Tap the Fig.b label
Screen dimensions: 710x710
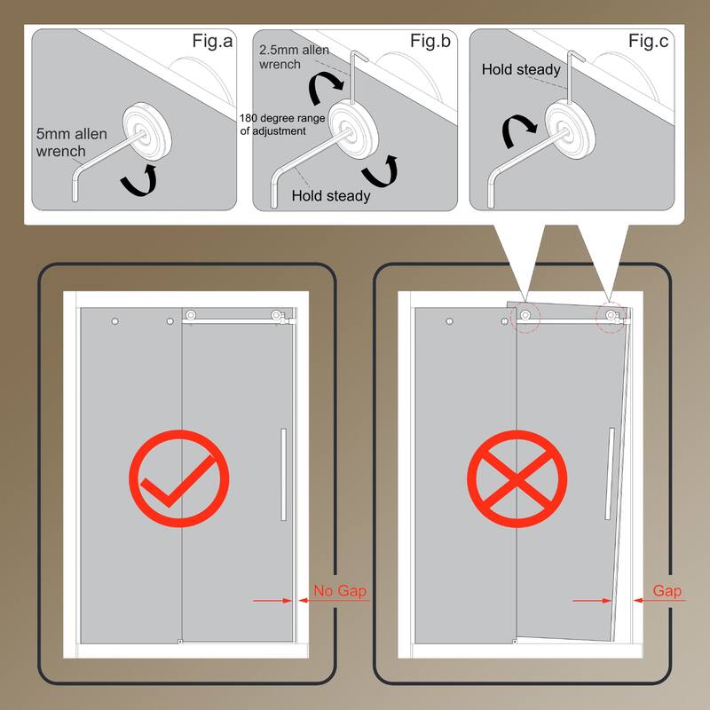tap(431, 41)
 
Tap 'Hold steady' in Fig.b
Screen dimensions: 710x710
tap(330, 195)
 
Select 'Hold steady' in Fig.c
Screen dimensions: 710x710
tap(521, 69)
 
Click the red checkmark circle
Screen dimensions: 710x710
tap(179, 478)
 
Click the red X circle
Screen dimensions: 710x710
tap(517, 478)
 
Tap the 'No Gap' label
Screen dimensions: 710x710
tap(339, 589)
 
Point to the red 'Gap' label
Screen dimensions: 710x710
tap(667, 589)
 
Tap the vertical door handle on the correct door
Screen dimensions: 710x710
tap(283, 474)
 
